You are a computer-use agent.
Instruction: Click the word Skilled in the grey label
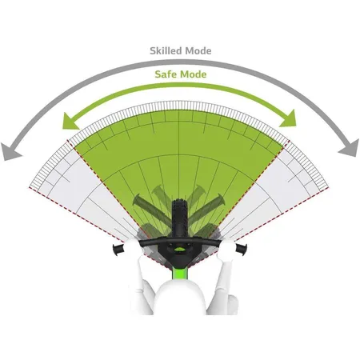point(166,50)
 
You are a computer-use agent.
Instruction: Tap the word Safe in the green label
point(166,74)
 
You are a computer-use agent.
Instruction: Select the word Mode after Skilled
point(198,50)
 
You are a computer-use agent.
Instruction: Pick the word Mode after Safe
point(194,74)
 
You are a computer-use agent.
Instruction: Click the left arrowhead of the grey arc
point(10,151)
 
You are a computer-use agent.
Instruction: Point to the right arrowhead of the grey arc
point(349,148)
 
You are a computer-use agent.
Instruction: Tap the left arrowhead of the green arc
point(70,122)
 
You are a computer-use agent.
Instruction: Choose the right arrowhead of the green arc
point(289,119)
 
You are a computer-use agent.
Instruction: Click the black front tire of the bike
point(179,218)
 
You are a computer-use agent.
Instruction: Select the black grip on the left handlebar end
point(118,249)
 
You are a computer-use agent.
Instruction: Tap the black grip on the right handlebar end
point(241,248)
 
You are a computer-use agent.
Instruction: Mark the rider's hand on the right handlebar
point(227,249)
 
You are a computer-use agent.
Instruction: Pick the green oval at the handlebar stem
point(180,250)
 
